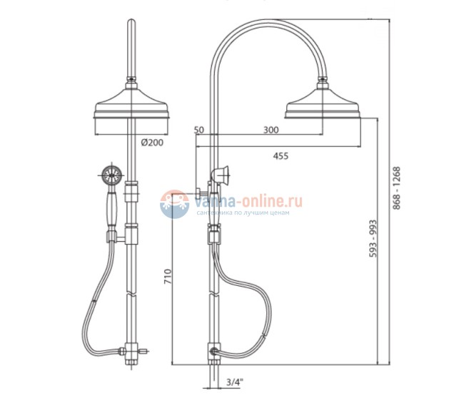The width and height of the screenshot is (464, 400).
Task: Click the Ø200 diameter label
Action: pos(152,143)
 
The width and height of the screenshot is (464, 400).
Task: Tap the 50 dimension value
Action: pos(199,130)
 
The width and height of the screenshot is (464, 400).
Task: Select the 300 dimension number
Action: pos(271,130)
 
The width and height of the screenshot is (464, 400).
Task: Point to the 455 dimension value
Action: pos(281,156)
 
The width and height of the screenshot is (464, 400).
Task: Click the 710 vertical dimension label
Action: pos(168,277)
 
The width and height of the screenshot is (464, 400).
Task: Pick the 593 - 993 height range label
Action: pos(373,239)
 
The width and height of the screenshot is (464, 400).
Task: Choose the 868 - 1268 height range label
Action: pos(396,188)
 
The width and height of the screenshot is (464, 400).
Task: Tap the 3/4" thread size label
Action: pos(234,382)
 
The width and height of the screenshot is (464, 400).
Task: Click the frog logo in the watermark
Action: pos(174,204)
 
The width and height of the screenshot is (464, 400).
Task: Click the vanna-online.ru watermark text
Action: pos(248,201)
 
